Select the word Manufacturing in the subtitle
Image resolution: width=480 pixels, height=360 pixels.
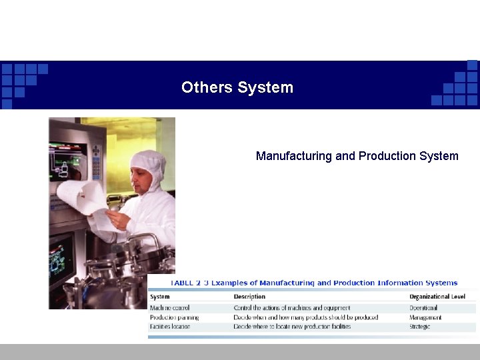point(293,156)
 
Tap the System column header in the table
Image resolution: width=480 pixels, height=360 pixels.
point(160,297)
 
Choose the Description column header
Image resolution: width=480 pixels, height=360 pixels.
point(249,297)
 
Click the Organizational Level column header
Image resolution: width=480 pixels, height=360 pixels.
point(437,297)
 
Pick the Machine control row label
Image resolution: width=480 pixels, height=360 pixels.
point(170,308)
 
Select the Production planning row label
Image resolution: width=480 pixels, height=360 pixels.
point(174,317)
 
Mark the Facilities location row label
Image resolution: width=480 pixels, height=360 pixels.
point(170,327)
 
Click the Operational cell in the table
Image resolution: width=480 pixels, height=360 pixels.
point(423,308)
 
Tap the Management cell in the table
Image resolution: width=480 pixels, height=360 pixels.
point(425,317)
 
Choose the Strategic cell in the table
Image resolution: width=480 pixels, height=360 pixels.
point(420,327)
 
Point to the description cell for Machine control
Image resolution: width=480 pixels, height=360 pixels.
point(292,308)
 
